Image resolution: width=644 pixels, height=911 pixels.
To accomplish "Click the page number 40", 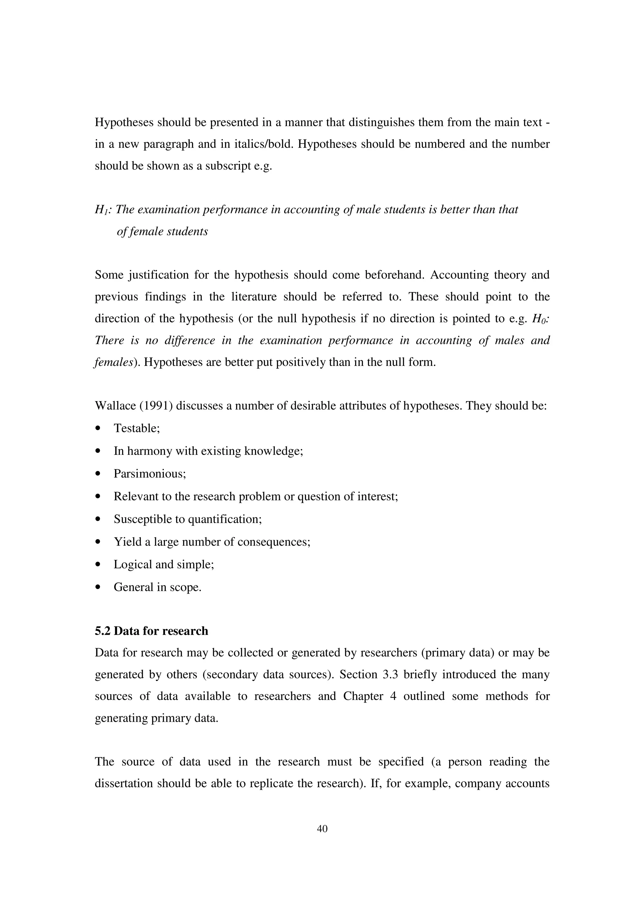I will point(322,828).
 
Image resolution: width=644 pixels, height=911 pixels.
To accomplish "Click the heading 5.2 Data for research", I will point(151,631).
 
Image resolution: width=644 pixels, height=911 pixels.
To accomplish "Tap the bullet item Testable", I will point(136,428).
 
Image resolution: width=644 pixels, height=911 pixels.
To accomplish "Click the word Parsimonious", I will point(150,474).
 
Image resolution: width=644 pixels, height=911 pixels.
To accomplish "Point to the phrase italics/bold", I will point(257,144).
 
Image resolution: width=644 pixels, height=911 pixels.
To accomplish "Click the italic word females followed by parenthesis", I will point(113,362).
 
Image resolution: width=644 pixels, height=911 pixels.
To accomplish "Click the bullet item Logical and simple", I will point(164,564).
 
